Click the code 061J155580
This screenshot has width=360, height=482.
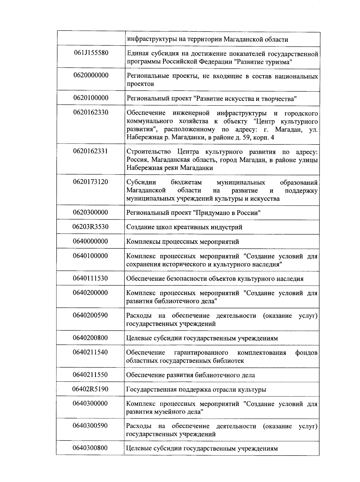[x=91, y=53]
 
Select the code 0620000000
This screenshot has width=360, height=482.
[x=91, y=75]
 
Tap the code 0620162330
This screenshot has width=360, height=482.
[x=91, y=112]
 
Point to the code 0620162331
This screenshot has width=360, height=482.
[x=91, y=151]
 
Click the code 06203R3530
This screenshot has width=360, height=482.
[x=90, y=227]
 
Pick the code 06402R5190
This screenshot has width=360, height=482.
[x=90, y=389]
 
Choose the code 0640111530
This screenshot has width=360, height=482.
[x=90, y=278]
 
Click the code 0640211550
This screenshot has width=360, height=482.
[x=90, y=375]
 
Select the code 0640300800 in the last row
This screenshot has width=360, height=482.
[x=90, y=448]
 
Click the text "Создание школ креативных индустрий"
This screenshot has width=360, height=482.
[x=184, y=227]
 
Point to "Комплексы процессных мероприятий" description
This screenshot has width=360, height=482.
[x=182, y=242]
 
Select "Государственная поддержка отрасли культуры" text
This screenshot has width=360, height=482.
[x=196, y=390]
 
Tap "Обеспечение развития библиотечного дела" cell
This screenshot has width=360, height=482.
[x=190, y=375]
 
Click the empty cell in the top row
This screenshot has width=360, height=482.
[x=91, y=38]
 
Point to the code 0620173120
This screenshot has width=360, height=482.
[x=91, y=182]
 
